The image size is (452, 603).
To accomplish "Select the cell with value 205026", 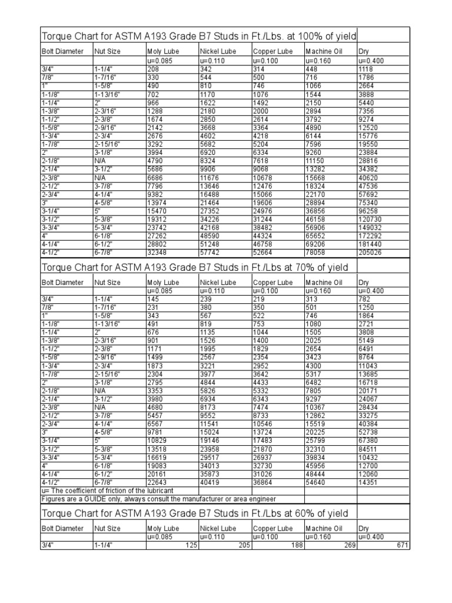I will tap(370, 252).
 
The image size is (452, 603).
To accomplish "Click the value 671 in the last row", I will tap(403, 545).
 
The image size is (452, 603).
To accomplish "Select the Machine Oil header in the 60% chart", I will tap(323, 529).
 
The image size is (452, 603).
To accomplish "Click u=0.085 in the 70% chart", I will tap(159, 291).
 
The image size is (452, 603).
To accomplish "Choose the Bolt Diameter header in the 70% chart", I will tap(62, 283).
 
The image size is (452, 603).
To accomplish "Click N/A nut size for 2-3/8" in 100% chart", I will tap(99, 177).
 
